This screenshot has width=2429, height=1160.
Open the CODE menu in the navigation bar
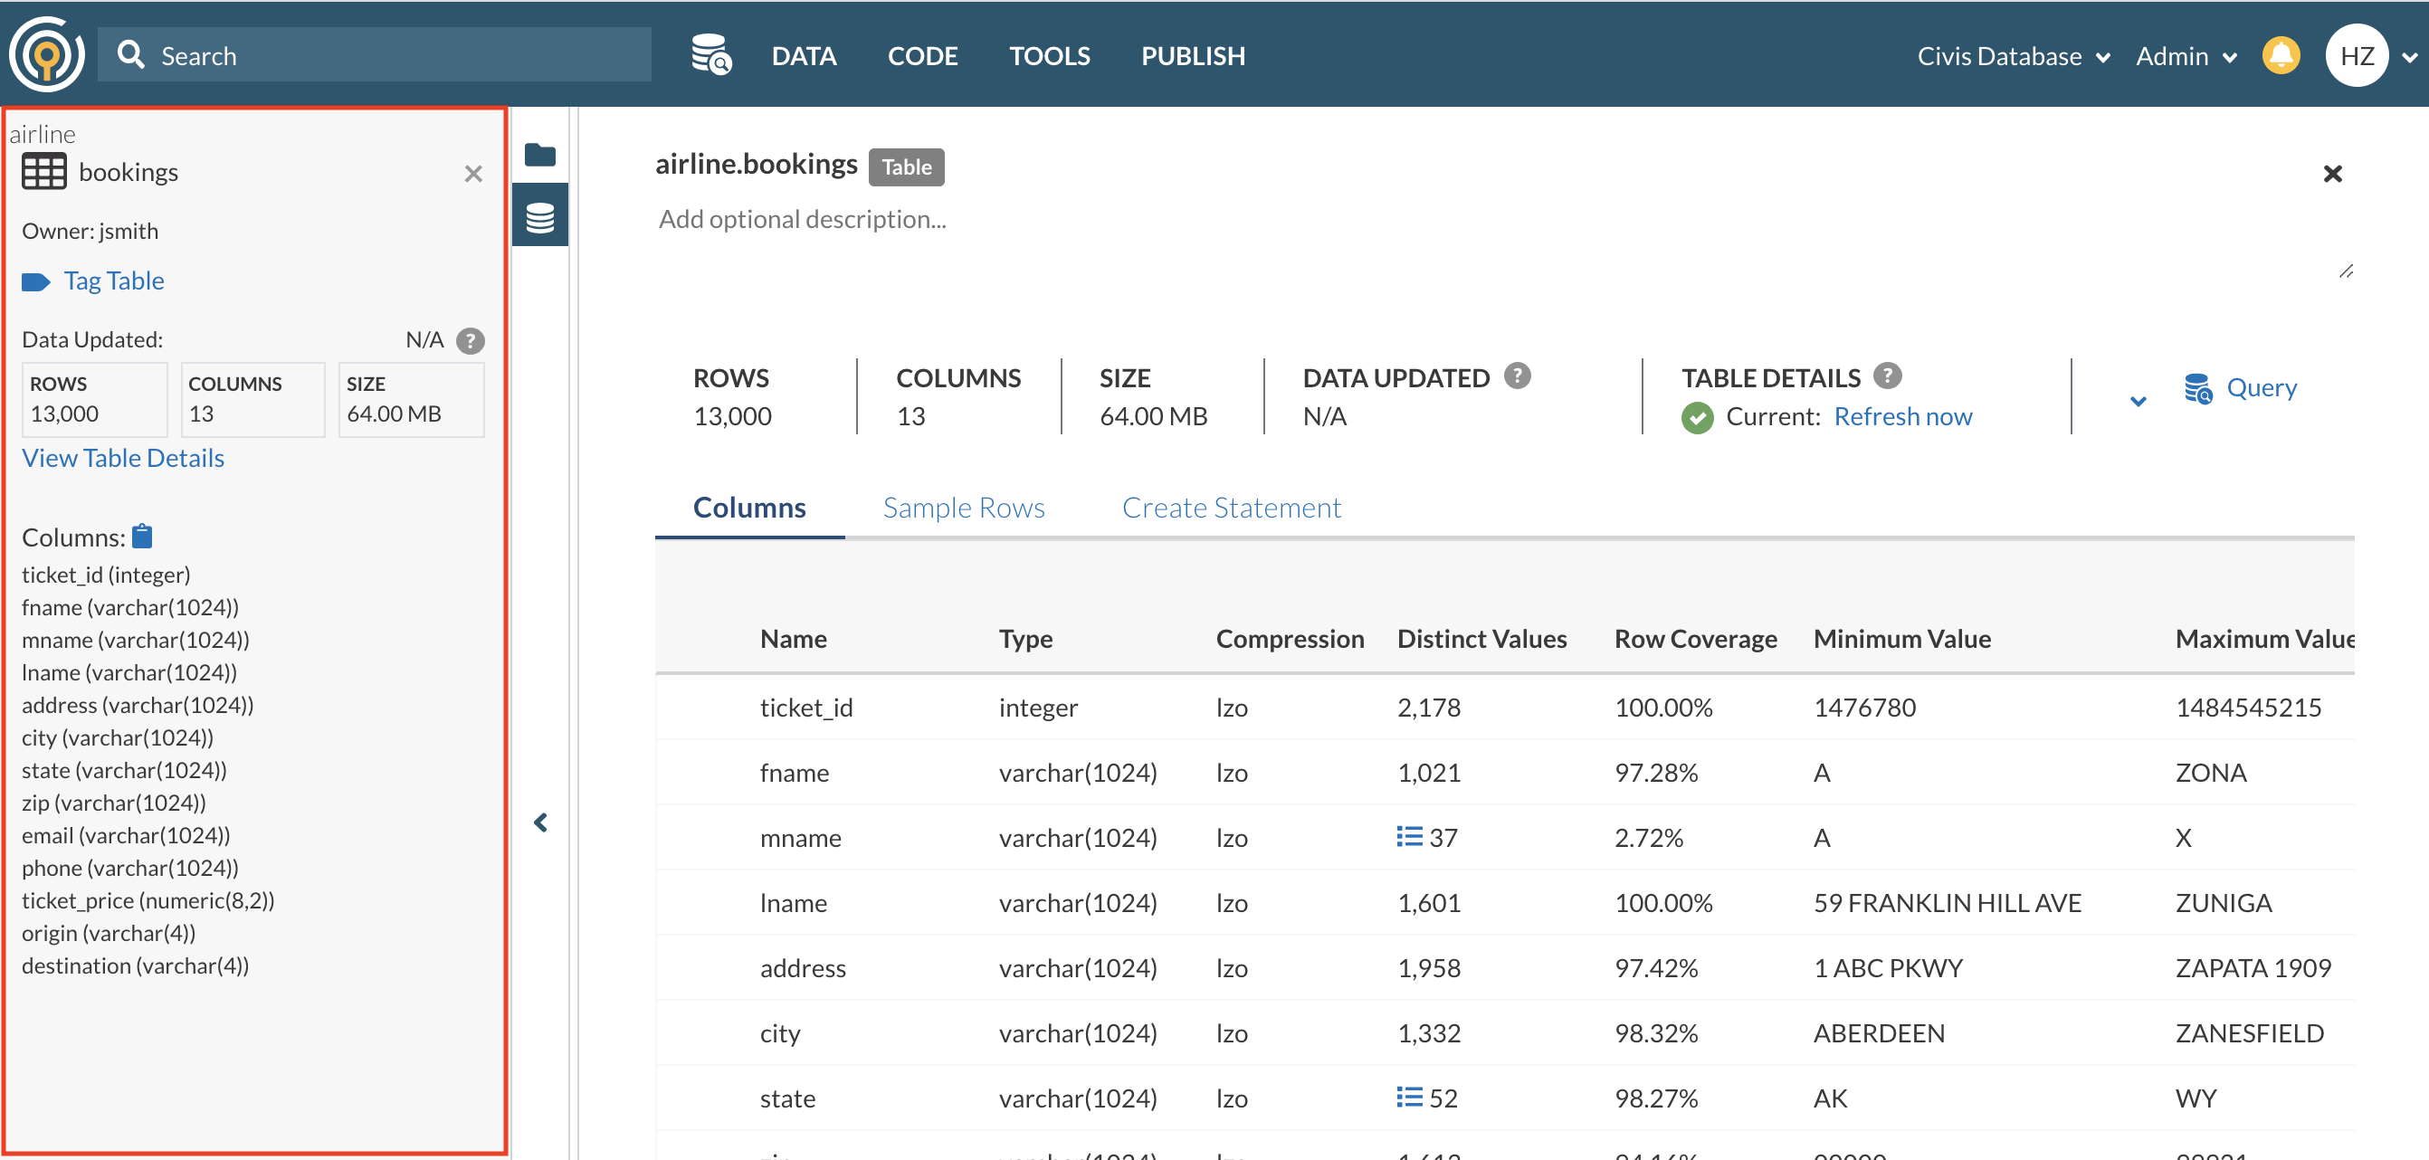pyautogui.click(x=921, y=55)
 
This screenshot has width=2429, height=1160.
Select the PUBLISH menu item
pyautogui.click(x=1192, y=55)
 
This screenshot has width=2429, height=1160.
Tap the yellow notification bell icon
pyautogui.click(x=2280, y=55)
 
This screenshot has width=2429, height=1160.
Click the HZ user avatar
pyautogui.click(x=2356, y=55)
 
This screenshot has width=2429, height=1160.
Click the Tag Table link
pyautogui.click(x=113, y=281)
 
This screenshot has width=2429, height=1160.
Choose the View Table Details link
pyautogui.click(x=122, y=459)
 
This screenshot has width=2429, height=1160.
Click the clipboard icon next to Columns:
pyautogui.click(x=142, y=537)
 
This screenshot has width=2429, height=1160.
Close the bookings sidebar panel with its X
pyautogui.click(x=473, y=174)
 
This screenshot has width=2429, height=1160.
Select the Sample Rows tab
pyautogui.click(x=963, y=508)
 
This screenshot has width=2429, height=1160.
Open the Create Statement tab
pyautogui.click(x=1231, y=508)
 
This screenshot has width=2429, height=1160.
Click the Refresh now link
pyautogui.click(x=1902, y=417)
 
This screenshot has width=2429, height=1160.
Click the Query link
pyautogui.click(x=2259, y=387)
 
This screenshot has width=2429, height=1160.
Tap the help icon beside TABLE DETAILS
pyautogui.click(x=1887, y=376)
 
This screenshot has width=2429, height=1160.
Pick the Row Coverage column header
pyautogui.click(x=1694, y=639)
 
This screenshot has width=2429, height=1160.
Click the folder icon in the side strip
pyautogui.click(x=540, y=155)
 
